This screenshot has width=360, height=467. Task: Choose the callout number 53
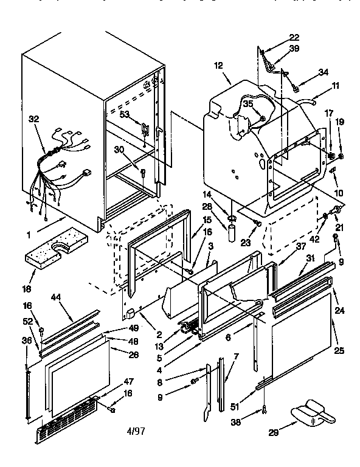click(x=125, y=114)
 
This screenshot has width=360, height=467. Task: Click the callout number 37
click(x=283, y=246)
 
